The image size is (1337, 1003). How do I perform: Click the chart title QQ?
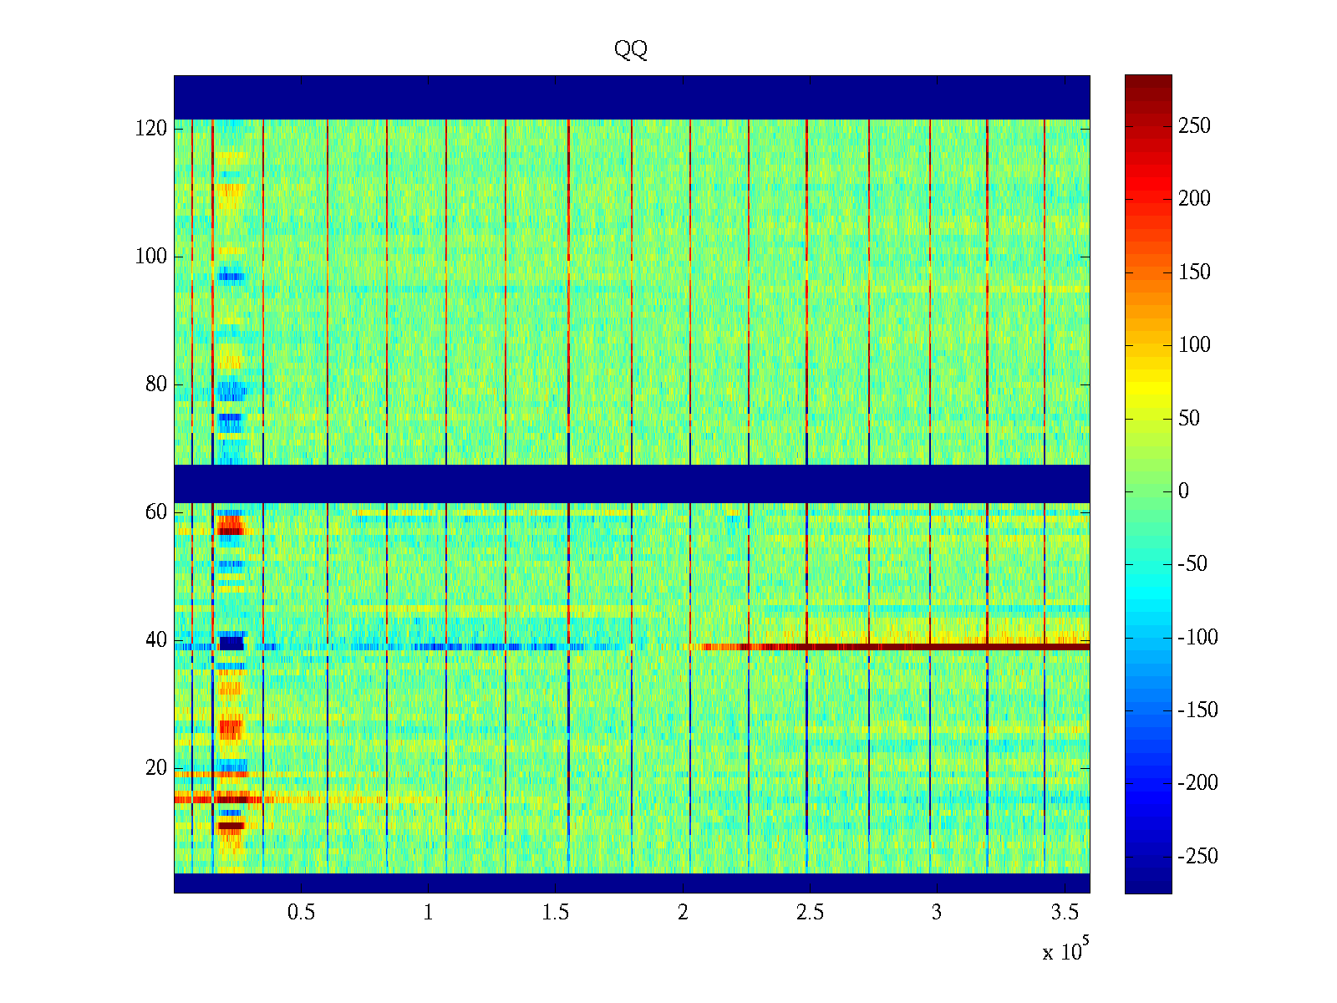click(x=631, y=49)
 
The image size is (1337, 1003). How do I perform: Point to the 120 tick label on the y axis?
click(x=151, y=128)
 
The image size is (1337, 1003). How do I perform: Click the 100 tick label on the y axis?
click(x=151, y=256)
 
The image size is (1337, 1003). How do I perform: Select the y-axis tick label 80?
click(x=156, y=384)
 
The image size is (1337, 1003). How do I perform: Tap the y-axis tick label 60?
click(x=156, y=512)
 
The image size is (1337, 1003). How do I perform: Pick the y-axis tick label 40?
click(x=156, y=639)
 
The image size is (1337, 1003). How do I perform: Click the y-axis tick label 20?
click(x=156, y=767)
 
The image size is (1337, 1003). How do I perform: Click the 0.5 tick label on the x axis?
click(x=301, y=912)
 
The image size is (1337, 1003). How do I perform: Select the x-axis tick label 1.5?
click(x=556, y=912)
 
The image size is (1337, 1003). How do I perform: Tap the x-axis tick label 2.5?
click(x=810, y=912)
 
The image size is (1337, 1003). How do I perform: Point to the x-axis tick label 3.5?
click(x=1064, y=912)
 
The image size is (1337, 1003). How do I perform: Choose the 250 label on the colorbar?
click(x=1194, y=125)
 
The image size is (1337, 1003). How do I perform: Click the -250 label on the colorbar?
click(x=1197, y=856)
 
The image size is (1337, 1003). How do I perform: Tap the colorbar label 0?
click(x=1183, y=491)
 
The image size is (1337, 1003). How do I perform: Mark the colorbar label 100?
click(x=1194, y=344)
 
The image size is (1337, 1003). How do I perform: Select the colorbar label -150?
click(x=1197, y=710)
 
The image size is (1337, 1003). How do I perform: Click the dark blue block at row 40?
click(x=231, y=643)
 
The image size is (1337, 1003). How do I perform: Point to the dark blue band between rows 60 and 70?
click(x=632, y=483)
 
